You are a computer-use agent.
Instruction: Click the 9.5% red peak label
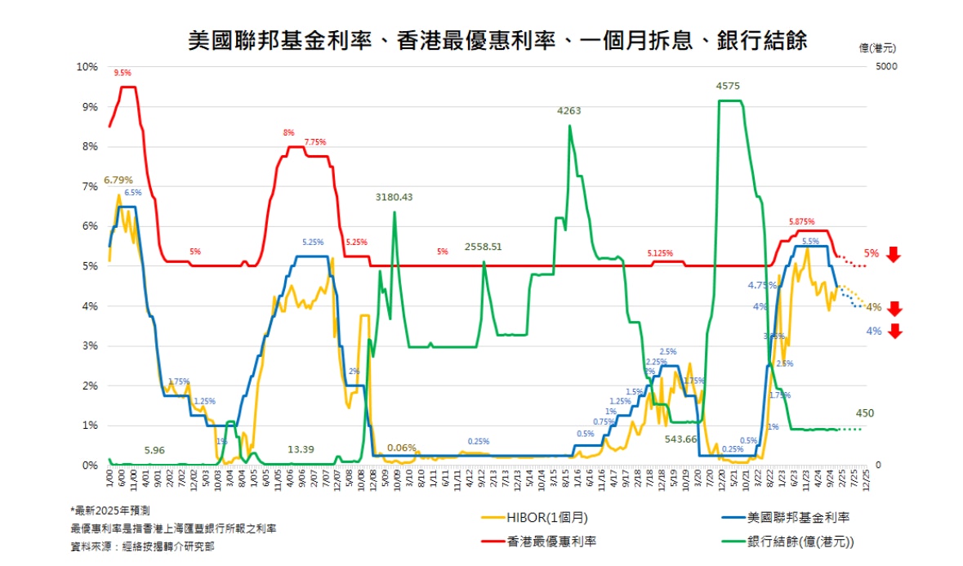click(123, 73)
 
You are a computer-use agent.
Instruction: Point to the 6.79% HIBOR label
click(118, 180)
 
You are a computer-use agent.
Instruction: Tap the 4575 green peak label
click(728, 86)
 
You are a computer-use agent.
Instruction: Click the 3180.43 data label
click(395, 197)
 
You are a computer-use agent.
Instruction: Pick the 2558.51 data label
click(484, 246)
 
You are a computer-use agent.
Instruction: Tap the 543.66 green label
click(680, 439)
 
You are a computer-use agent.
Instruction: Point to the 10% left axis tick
click(87, 66)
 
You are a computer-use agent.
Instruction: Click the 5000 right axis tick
click(887, 66)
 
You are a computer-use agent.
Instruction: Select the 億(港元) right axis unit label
click(878, 47)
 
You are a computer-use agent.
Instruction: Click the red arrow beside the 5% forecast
click(893, 254)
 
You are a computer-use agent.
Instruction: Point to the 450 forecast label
click(864, 413)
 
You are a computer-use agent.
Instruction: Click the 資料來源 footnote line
click(143, 546)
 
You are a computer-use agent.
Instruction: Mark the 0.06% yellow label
click(401, 448)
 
